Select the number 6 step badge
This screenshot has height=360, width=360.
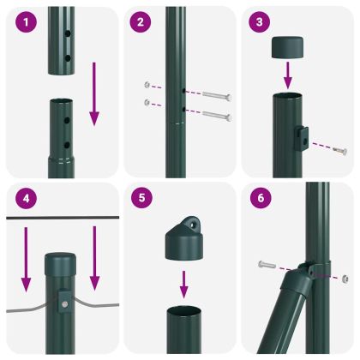click(x=261, y=199)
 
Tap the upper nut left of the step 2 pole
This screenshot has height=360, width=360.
click(x=148, y=85)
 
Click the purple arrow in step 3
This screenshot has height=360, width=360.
click(x=288, y=77)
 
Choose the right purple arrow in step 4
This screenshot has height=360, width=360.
click(x=95, y=257)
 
